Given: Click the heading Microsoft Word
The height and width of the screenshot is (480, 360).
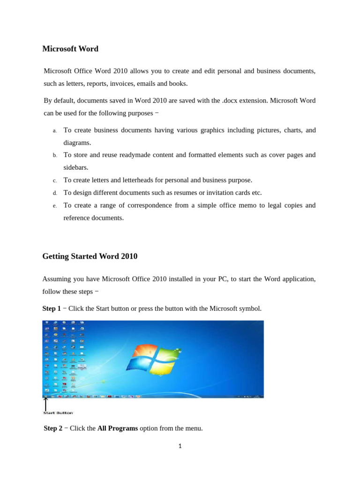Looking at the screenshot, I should coord(70,48).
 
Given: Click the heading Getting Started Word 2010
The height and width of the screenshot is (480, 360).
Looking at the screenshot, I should coord(90,256).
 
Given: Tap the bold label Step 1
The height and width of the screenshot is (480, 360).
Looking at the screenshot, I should coord(52,308).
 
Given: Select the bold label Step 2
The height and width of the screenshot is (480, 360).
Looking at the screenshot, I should coord(53,428).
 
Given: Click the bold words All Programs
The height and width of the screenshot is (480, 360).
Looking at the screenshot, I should coord(118,428).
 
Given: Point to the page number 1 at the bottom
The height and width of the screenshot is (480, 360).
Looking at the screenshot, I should coord(180,446).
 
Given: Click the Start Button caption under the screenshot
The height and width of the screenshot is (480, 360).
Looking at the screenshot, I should coord(58,413).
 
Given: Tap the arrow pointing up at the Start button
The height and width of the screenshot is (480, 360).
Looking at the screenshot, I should coord(45,403).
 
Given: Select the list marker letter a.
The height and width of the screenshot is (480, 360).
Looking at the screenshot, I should coord(54,130).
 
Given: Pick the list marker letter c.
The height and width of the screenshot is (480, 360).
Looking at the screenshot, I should coord(54,180).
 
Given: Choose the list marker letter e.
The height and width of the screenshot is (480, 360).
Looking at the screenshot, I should coord(54,206).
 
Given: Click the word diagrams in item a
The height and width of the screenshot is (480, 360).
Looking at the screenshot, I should coord(77,142).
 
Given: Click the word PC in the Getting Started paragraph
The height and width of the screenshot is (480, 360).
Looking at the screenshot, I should coord(221,279).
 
